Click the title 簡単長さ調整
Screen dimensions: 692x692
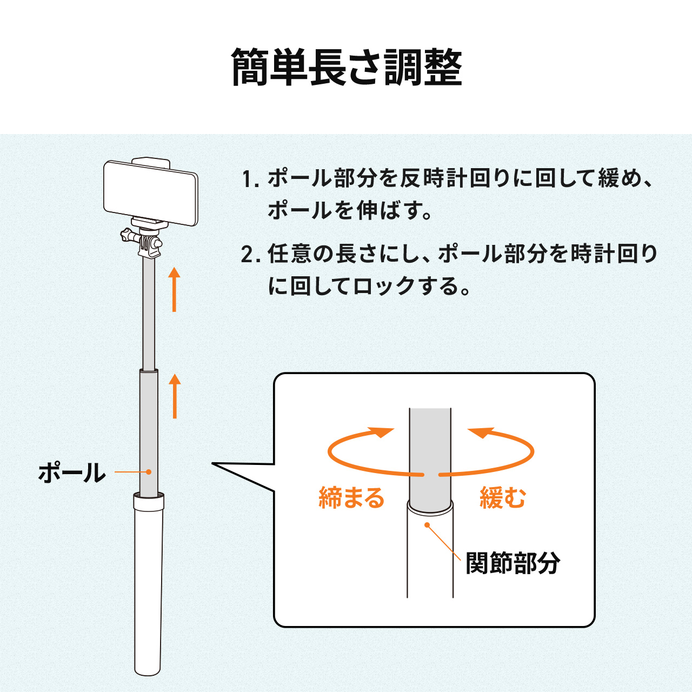(x=347, y=68)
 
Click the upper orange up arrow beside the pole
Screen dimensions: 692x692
(x=174, y=289)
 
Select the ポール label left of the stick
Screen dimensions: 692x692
(x=71, y=473)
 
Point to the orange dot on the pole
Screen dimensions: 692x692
(x=149, y=472)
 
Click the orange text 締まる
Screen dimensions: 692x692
(x=351, y=498)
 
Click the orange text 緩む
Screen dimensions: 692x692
(x=503, y=498)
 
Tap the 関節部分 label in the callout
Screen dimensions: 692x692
(x=512, y=563)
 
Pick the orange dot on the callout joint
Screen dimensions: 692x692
(x=427, y=524)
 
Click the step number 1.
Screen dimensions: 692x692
(x=248, y=179)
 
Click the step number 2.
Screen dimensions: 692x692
(x=248, y=254)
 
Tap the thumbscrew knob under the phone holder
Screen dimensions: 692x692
(x=128, y=236)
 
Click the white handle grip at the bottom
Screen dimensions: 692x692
(x=148, y=589)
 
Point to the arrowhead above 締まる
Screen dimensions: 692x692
(x=382, y=432)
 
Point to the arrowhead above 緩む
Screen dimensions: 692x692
(x=481, y=432)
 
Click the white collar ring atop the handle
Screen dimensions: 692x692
(x=149, y=502)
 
